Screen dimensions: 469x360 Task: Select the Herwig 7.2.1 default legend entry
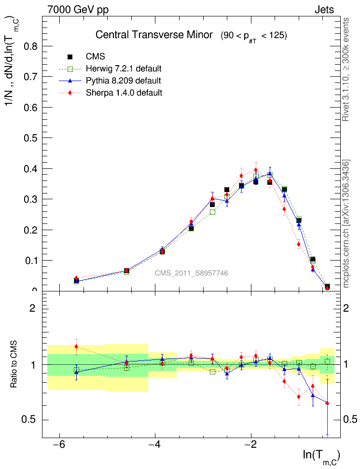click(x=124, y=69)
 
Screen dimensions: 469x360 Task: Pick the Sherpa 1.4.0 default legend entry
click(x=124, y=93)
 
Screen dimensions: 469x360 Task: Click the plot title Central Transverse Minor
click(x=154, y=35)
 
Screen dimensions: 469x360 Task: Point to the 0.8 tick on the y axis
click(x=30, y=46)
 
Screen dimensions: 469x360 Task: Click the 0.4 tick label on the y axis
click(x=30, y=169)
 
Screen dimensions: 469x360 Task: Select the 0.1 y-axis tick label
click(x=30, y=261)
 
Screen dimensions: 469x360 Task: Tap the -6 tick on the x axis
click(x=59, y=443)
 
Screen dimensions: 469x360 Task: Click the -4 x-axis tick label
click(x=155, y=443)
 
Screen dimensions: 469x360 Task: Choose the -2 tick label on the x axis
click(x=250, y=443)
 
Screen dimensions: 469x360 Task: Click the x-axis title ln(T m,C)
click(x=321, y=455)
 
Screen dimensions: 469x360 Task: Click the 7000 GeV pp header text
click(x=78, y=10)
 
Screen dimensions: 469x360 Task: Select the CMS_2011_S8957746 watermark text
click(x=191, y=274)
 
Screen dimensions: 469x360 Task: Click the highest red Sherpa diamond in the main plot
click(x=256, y=170)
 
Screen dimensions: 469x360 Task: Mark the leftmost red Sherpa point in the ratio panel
click(x=76, y=346)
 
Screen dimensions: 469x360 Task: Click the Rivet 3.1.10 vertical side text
click(x=346, y=70)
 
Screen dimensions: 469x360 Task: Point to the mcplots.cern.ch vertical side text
click(x=346, y=224)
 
